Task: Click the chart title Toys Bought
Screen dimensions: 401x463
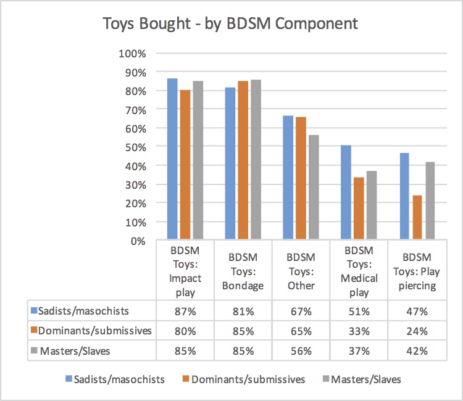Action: point(230,25)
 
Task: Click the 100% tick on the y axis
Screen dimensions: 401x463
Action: point(132,54)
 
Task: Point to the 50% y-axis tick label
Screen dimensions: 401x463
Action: point(135,147)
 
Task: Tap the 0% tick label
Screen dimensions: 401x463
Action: point(138,241)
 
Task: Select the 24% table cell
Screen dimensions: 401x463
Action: point(417,331)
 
